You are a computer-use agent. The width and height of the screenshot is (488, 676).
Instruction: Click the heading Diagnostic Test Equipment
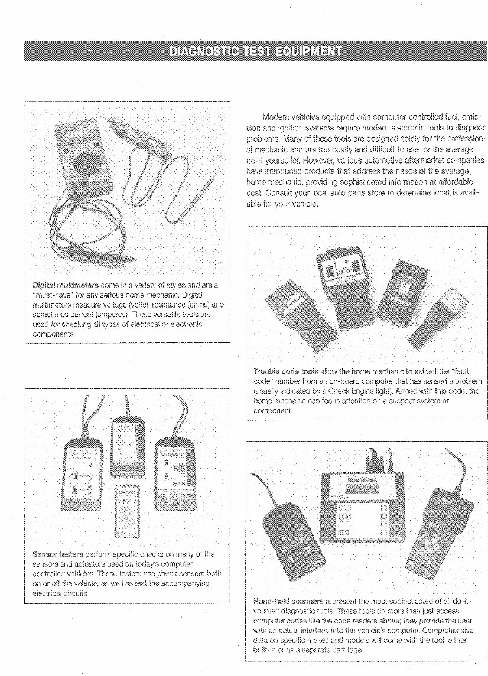click(255, 51)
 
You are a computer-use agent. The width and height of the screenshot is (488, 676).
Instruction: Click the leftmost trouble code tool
click(289, 307)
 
